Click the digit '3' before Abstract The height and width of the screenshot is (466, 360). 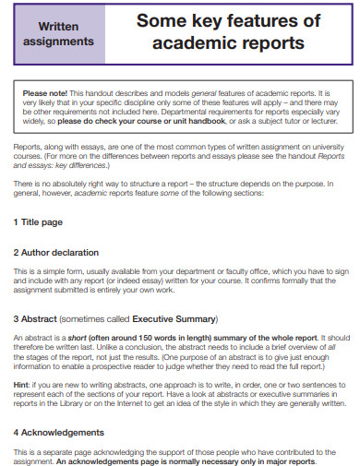pos(17,318)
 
